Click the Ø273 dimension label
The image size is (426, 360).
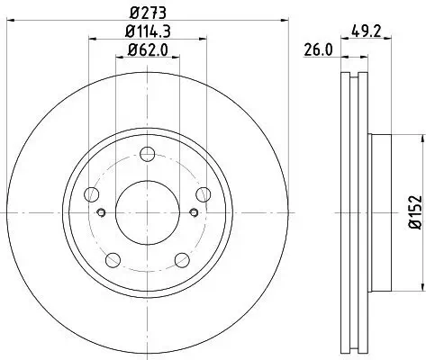[x=149, y=13]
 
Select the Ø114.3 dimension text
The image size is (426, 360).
[x=149, y=32]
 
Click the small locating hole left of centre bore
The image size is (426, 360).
[x=101, y=212]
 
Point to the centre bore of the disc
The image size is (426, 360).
[x=149, y=212]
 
